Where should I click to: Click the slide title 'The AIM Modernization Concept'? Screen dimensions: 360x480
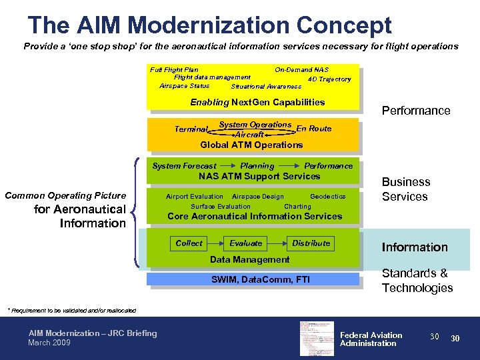point(209,25)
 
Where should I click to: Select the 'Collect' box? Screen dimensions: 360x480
point(189,243)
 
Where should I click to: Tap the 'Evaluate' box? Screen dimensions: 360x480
point(246,243)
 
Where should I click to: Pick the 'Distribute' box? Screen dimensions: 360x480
point(311,243)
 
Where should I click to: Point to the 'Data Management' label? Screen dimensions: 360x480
point(249,259)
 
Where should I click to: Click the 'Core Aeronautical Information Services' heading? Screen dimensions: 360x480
point(255,217)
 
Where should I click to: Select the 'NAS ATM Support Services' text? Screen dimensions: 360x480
point(259,177)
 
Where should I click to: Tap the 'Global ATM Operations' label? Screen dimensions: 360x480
point(251,145)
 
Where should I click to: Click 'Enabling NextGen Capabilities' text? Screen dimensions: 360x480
point(257,102)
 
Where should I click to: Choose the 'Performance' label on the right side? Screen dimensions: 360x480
point(415,111)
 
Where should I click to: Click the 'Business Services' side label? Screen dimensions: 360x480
point(406,189)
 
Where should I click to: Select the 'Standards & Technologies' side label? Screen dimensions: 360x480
point(417,281)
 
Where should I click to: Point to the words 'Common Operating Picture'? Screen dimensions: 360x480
point(65,195)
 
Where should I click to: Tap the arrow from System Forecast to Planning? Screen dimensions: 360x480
point(228,166)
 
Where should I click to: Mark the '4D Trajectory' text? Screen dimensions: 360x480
point(329,79)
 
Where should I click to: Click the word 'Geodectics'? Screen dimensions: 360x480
point(328,197)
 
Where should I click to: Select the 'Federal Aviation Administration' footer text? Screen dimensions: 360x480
point(371,339)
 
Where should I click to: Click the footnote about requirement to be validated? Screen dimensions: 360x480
point(71,310)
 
